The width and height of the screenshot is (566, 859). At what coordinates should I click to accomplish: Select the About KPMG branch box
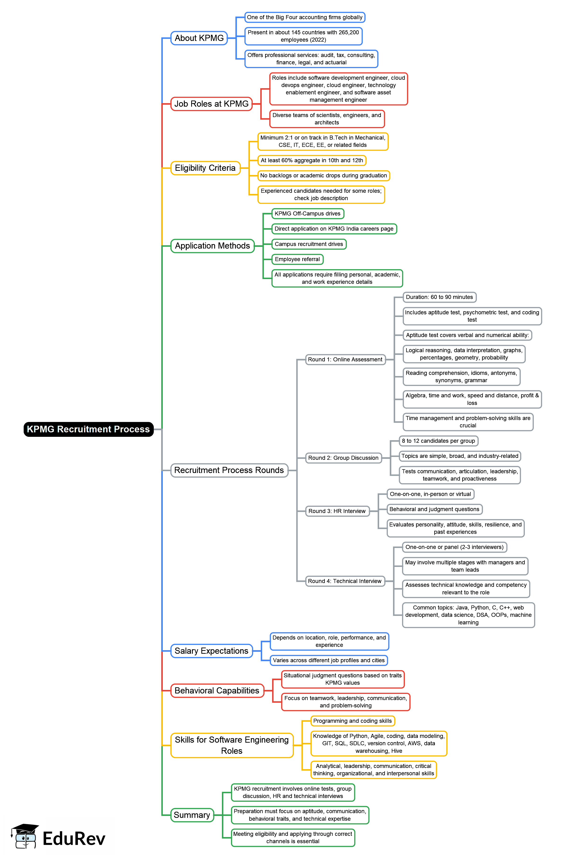point(199,38)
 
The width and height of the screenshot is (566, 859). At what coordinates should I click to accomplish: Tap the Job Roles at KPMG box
point(211,104)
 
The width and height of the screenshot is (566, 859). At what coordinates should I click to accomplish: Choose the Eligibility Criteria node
point(205,168)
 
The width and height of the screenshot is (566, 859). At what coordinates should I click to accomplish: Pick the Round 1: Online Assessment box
point(345,359)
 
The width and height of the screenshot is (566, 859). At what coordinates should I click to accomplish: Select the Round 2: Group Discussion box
point(343,458)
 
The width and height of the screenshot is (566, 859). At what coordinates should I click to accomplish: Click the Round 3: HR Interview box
point(337,511)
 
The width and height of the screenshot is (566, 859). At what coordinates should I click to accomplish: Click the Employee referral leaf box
point(297,259)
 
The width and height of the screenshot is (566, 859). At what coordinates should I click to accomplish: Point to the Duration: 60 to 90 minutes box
point(439,297)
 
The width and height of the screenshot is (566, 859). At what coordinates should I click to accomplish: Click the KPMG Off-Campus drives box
point(307,214)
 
